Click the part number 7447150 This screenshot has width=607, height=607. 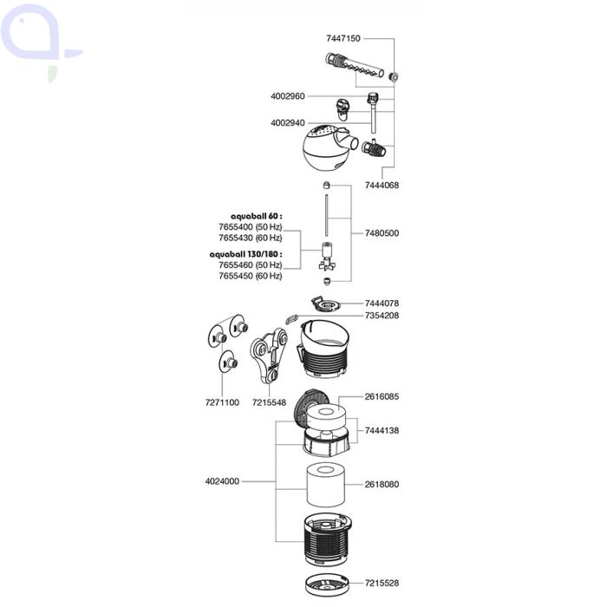coord(343,39)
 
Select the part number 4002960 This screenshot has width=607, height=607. coord(288,96)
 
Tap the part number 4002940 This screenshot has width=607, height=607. coord(288,123)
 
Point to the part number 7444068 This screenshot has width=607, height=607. coord(382,186)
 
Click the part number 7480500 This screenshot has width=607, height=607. coord(382,233)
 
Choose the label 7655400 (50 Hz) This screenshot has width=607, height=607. coord(250,226)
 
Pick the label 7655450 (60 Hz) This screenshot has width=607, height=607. coord(250,276)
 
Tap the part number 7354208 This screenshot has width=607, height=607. coord(382,316)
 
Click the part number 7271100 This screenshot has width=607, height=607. coord(221,403)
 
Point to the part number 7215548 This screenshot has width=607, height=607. coord(269,403)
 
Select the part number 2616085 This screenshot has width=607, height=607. coord(382,396)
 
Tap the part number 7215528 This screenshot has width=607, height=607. coord(382,583)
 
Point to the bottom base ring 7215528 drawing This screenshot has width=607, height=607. coord(328,583)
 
